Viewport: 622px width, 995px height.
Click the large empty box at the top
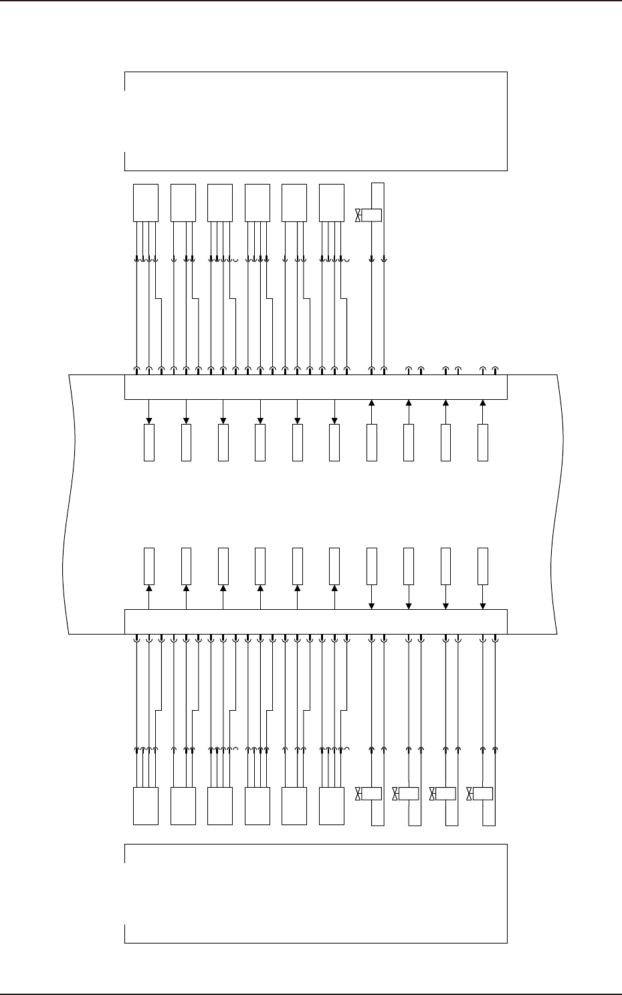pos(316,121)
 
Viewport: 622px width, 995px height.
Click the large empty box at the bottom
pos(316,893)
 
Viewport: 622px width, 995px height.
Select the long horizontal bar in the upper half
pos(316,387)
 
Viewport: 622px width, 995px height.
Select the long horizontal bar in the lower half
pos(316,621)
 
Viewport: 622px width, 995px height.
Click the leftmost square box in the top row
pos(146,202)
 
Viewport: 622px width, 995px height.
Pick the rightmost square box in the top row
pos(332,202)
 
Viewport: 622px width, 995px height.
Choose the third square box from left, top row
pos(220,202)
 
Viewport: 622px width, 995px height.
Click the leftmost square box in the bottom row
pos(146,806)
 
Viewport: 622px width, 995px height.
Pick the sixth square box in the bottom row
pos(332,806)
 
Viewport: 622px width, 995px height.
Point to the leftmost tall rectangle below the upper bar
pos(149,442)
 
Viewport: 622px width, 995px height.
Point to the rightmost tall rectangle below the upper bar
pos(483,442)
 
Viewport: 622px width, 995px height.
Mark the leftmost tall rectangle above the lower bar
pos(149,566)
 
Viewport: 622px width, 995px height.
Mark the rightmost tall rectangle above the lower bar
pos(483,566)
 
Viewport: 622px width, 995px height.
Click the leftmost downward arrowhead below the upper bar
pos(149,421)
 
